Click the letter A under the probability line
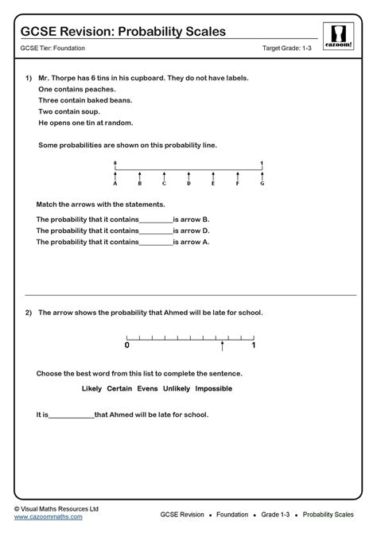(x=115, y=184)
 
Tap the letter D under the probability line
(x=188, y=184)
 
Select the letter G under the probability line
(x=261, y=184)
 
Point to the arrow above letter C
(x=164, y=176)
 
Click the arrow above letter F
(x=237, y=176)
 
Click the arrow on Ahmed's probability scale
(x=222, y=345)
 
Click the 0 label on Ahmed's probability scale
(x=126, y=346)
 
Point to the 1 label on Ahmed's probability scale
(x=254, y=346)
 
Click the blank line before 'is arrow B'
(x=156, y=220)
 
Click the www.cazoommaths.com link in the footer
(x=48, y=517)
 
